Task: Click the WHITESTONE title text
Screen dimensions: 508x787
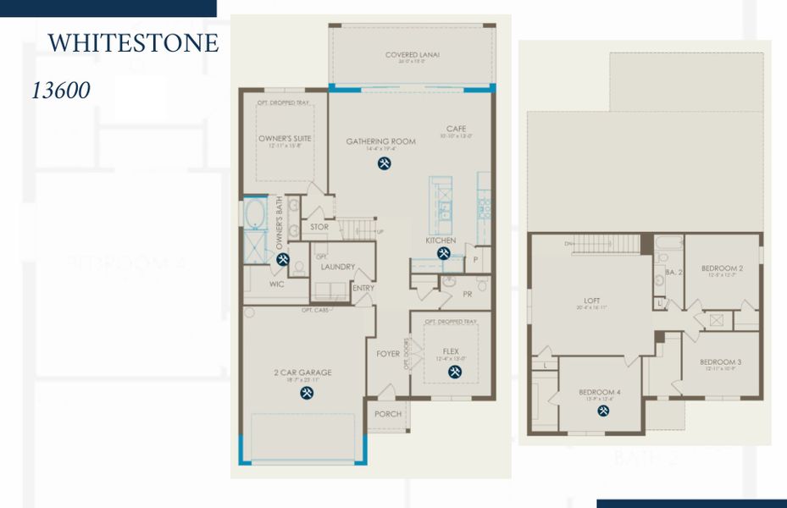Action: coord(133,43)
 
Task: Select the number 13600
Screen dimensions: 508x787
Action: coord(60,91)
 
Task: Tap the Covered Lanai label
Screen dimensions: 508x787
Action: coord(412,55)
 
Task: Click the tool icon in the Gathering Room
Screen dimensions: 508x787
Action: coord(384,163)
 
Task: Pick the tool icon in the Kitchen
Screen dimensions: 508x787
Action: coord(443,253)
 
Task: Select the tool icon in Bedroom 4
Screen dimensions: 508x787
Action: coord(603,411)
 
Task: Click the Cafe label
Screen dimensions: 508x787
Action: coord(457,130)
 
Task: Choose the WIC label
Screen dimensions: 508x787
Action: coord(277,284)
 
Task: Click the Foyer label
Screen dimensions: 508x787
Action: coord(388,354)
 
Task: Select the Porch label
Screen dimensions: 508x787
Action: coord(387,414)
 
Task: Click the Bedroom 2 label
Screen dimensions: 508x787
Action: coord(722,268)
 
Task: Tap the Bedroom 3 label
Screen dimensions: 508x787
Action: coord(720,362)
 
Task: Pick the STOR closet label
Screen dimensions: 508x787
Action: coord(319,227)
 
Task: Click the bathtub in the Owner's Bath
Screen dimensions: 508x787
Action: coord(255,213)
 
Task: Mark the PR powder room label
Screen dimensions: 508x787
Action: coord(467,295)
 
